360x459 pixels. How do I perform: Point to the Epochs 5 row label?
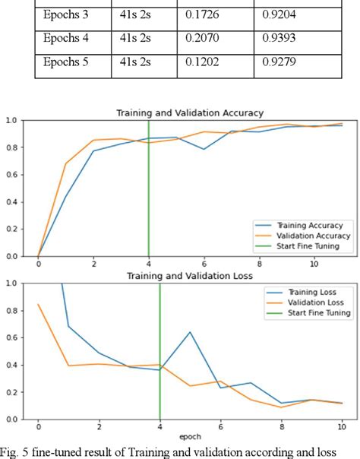click(66, 60)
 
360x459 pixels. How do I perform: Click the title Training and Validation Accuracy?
click(189, 113)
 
